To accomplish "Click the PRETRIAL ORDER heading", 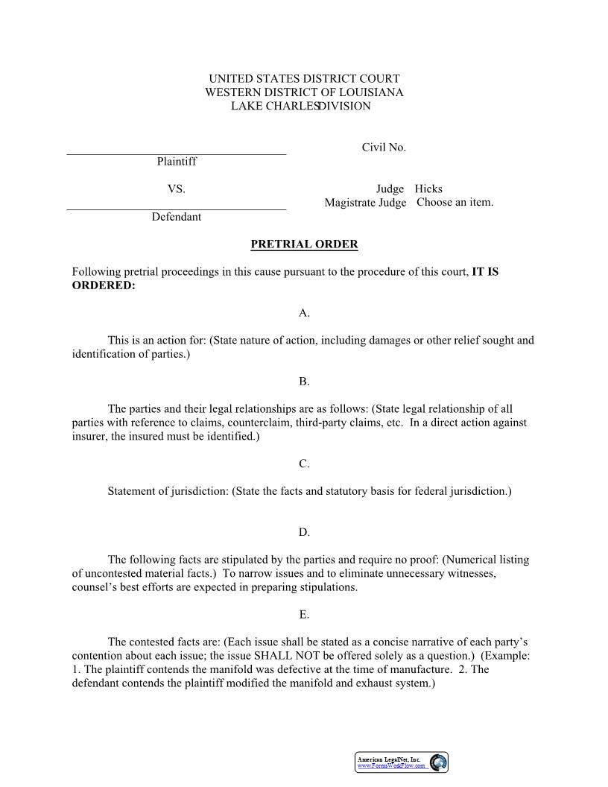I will point(304,244).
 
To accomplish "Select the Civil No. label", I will point(384,148).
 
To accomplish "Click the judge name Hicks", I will point(428,189).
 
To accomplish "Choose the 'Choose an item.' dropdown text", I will point(455,203).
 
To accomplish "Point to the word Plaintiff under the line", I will point(177,161).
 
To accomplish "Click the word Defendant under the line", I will point(177,217).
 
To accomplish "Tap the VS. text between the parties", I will point(177,189).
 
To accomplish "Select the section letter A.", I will point(304,313).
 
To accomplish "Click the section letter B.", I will point(304,382).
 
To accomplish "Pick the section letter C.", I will point(304,464).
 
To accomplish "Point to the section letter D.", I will point(304,533).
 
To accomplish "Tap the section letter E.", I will point(304,615).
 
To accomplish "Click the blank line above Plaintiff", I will point(177,154).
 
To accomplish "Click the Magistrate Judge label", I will point(365,203).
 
